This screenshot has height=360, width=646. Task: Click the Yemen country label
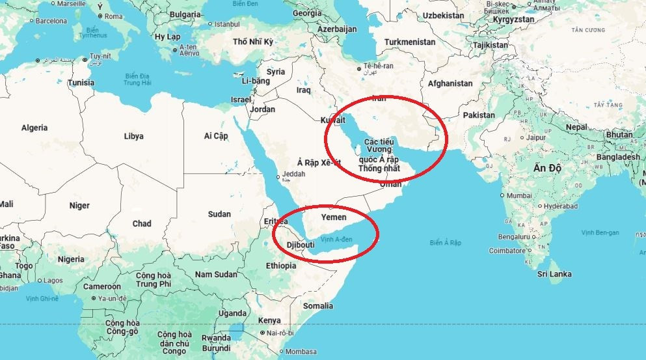[334, 217]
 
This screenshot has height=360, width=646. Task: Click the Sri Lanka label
[554, 274]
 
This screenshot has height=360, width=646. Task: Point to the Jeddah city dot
[278, 176]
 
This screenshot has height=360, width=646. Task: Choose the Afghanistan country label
[450, 83]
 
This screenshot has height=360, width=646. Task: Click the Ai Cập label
[216, 135]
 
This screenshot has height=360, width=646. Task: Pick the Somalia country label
[318, 305]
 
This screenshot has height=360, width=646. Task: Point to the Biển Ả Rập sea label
[445, 243]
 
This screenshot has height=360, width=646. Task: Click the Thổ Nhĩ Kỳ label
[253, 42]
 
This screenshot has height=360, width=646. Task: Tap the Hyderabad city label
[560, 206]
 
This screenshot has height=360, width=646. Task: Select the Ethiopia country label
[281, 266]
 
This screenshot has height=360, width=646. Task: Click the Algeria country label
[34, 128]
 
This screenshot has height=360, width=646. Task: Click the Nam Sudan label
[216, 275]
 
